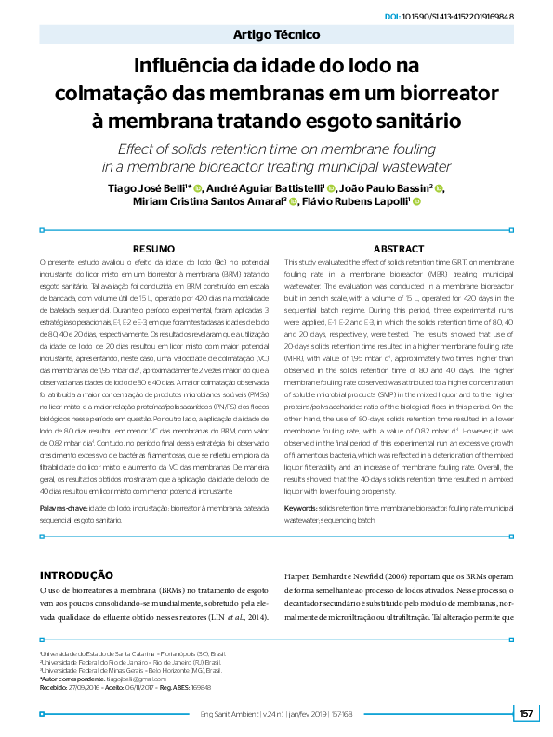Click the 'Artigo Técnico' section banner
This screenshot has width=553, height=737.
click(x=276, y=37)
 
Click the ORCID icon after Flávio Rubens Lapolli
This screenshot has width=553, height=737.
click(x=417, y=205)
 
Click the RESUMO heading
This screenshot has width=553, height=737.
click(x=155, y=249)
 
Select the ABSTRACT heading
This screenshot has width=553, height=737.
click(x=399, y=249)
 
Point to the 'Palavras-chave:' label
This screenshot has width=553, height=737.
click(x=64, y=511)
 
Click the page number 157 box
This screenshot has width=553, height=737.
click(x=526, y=714)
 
